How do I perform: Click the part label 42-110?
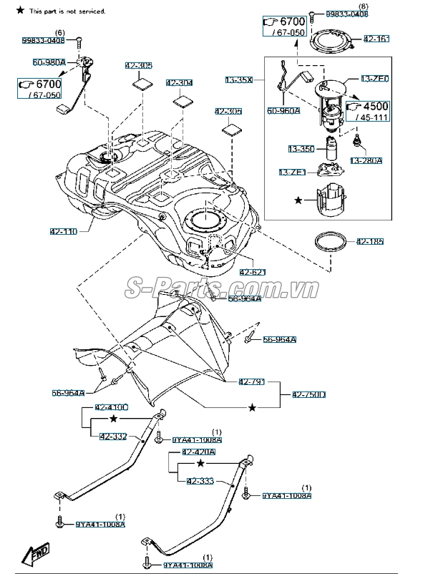pos(64,231)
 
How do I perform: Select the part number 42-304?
pos(180,83)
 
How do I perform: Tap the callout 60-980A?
pos(49,63)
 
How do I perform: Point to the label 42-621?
pos(253,272)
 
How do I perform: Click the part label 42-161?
pos(377,38)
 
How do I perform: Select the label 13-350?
pos(301,149)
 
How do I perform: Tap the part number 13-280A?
pos(366,161)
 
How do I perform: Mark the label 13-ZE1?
pos(292,172)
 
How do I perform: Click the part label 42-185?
pos(370,242)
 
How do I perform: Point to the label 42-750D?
pos(309,394)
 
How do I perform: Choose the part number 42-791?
pos(251,382)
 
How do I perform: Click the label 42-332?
pos(113,436)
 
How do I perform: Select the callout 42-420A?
pos(198,452)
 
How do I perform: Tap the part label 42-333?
pos(200,482)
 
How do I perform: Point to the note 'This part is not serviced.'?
pos(67,11)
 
